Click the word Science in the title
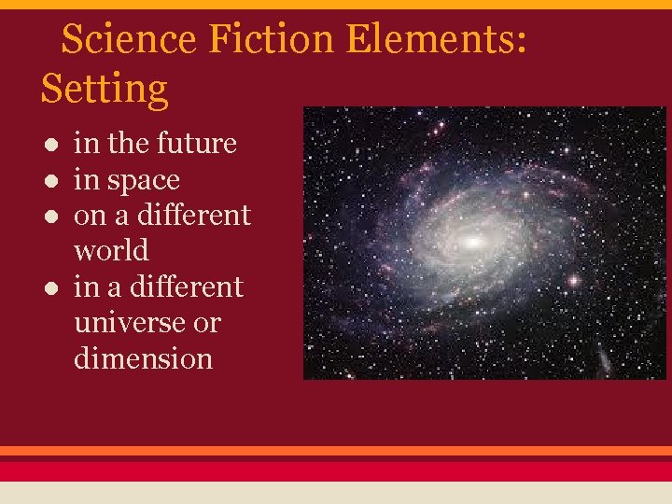click(129, 39)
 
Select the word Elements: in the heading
click(440, 39)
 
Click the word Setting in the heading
click(105, 90)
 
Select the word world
click(111, 251)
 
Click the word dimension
click(143, 358)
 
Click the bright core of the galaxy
click(473, 242)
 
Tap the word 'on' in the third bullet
click(90, 216)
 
